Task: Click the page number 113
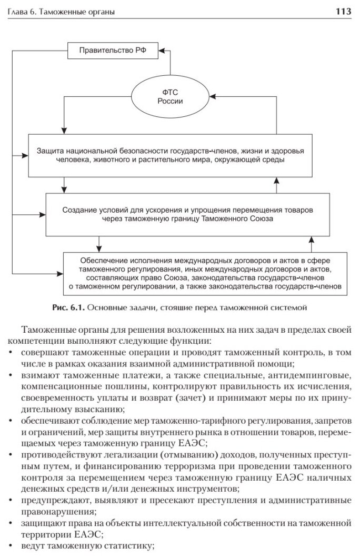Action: click(343, 11)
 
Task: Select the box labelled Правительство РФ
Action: click(113, 51)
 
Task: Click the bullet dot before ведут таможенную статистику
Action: click(12, 545)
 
